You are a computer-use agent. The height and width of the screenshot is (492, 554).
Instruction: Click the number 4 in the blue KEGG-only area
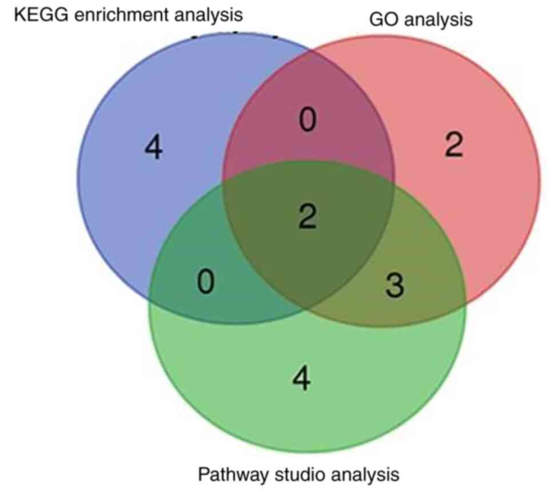[153, 149]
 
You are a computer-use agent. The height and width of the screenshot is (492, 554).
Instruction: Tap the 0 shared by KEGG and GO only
[308, 122]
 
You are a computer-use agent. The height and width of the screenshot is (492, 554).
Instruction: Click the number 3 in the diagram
[394, 286]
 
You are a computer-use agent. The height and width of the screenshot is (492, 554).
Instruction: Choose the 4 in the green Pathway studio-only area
[301, 379]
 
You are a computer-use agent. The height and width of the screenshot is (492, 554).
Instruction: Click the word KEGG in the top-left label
[35, 14]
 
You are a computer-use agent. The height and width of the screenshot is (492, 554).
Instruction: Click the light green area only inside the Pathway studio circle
[309, 411]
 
